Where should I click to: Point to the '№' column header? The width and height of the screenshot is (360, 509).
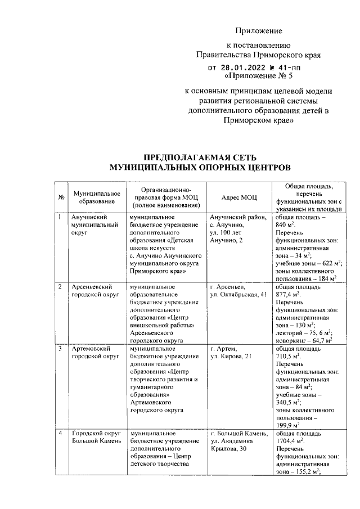pyautogui.click(x=60, y=197)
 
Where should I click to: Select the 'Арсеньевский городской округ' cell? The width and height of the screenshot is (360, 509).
pyautogui.click(x=93, y=291)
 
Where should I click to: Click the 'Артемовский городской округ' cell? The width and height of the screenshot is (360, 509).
pyautogui.click(x=93, y=353)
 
